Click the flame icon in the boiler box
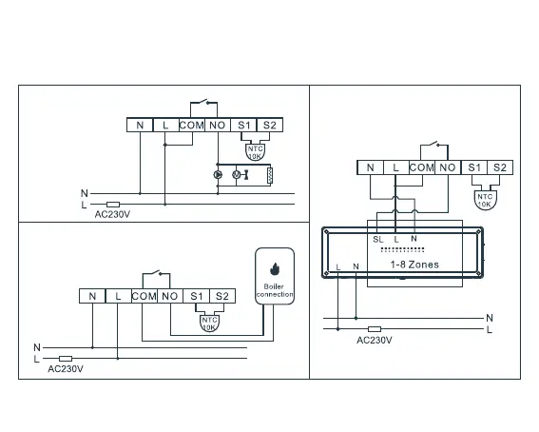pyautogui.click(x=275, y=269)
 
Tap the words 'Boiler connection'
pyautogui.click(x=275, y=290)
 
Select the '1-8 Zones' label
pyautogui.click(x=414, y=265)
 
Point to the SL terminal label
pyautogui.click(x=377, y=239)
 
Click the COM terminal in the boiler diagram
pyautogui.click(x=144, y=296)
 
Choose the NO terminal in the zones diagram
pyautogui.click(x=448, y=167)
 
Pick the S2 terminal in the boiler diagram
pyautogui.click(x=222, y=296)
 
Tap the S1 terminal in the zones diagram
pyautogui.click(x=474, y=167)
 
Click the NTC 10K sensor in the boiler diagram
pyautogui.click(x=209, y=324)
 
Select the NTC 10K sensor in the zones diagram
pyautogui.click(x=485, y=200)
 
